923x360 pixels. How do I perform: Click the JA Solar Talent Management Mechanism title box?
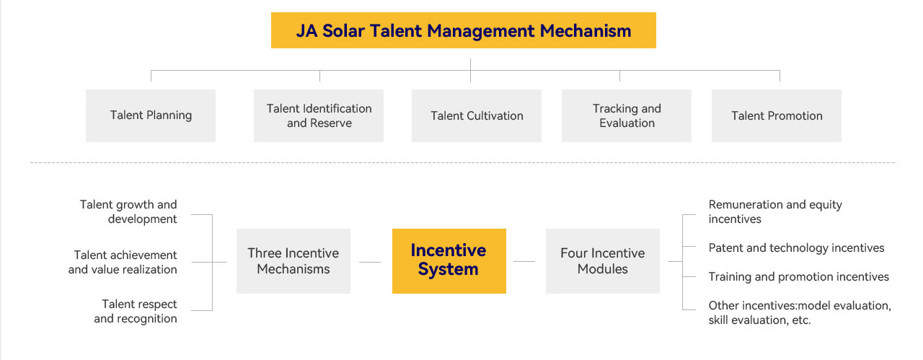(463, 30)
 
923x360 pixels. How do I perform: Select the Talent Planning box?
(151, 115)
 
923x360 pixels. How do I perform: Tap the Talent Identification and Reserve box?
(319, 115)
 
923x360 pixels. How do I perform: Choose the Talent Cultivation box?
(477, 115)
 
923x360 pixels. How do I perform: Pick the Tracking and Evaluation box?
(627, 115)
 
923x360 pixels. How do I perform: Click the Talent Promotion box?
(777, 115)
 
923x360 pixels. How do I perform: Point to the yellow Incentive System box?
(449, 261)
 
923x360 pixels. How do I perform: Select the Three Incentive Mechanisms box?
(293, 261)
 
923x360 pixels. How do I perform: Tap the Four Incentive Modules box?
(603, 261)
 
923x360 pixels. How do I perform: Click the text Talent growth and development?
(128, 211)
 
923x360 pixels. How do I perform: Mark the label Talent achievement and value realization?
(123, 262)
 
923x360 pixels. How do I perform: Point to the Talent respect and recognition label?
(136, 311)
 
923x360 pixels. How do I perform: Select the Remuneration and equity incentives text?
(775, 211)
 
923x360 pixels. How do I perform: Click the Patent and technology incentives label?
(796, 247)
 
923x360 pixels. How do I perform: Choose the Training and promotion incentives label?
(798, 276)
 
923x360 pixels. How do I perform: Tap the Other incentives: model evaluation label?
(800, 312)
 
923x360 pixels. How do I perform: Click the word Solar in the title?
(343, 30)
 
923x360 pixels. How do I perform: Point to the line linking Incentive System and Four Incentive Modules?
(524, 261)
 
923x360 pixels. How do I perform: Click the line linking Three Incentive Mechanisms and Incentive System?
(370, 262)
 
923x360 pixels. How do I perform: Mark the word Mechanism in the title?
(585, 30)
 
